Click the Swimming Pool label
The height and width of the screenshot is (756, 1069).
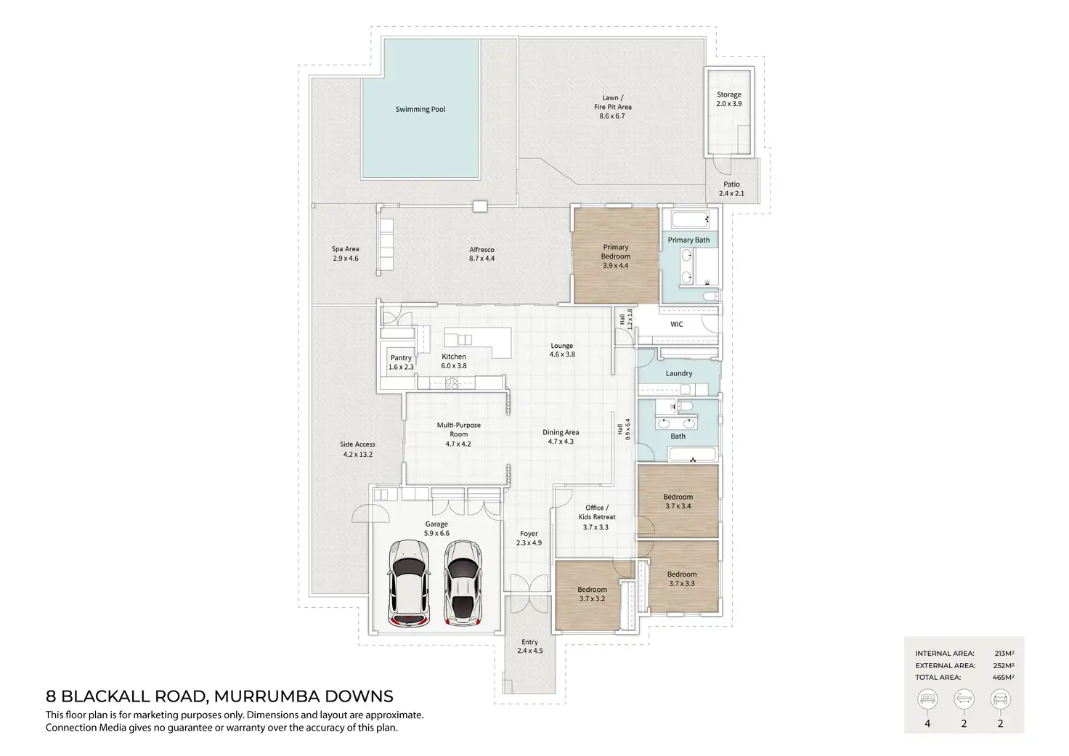click(420, 110)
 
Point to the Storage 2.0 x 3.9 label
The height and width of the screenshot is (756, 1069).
click(729, 99)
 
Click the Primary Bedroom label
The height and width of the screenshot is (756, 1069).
click(616, 256)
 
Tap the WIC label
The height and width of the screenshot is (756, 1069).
click(676, 325)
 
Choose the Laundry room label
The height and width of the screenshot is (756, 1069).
click(679, 373)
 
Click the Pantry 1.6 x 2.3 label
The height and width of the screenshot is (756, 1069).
click(401, 362)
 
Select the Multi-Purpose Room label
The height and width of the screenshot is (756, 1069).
click(458, 434)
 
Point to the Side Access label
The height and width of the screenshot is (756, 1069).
click(358, 450)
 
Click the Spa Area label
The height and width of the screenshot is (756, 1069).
click(346, 253)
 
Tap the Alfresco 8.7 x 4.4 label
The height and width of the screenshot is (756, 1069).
click(481, 254)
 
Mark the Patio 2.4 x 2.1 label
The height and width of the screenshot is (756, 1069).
click(731, 189)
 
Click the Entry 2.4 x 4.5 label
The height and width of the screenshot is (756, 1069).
click(529, 646)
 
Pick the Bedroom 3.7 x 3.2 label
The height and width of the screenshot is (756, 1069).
click(592, 594)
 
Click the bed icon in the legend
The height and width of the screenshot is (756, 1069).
click(927, 699)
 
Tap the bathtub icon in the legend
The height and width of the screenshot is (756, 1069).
click(964, 699)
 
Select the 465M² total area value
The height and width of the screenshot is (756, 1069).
click(1003, 677)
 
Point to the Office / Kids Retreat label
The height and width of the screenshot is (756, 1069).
click(596, 517)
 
